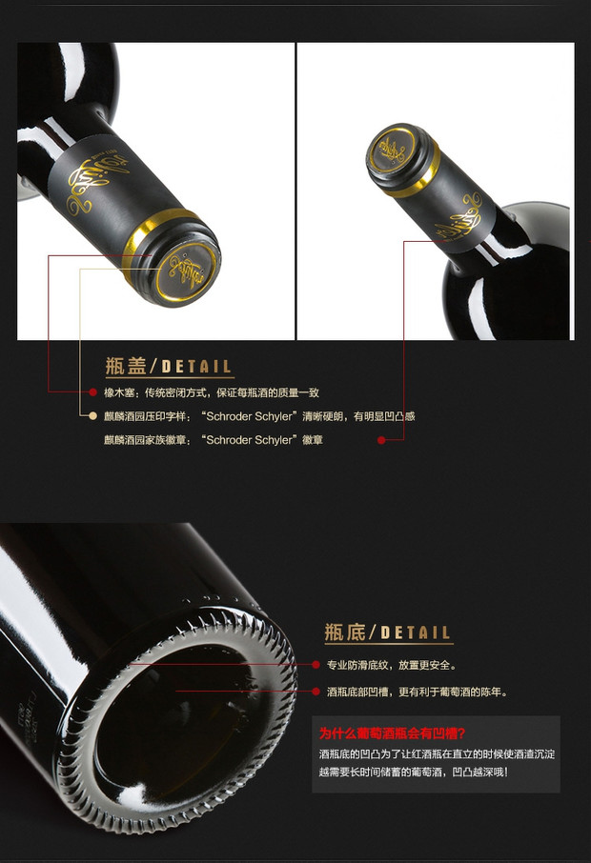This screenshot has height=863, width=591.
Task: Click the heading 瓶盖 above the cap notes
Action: (126, 366)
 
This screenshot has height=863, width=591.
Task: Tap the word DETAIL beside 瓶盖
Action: (196, 367)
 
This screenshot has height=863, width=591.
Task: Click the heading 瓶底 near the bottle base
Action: (345, 632)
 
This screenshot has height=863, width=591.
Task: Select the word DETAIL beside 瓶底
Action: (416, 632)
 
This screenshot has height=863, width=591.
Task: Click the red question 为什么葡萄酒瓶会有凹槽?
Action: (393, 733)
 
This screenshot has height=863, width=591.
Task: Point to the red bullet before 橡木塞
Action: (93, 392)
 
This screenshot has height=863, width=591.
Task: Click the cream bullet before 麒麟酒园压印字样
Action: (93, 416)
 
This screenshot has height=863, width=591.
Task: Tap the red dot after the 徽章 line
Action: (381, 440)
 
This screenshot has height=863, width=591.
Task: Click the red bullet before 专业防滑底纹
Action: (316, 665)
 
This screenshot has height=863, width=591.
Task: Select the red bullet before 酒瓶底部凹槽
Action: (316, 692)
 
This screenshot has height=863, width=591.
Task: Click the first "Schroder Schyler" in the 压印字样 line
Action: (250, 416)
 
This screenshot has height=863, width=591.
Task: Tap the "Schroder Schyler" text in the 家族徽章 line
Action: (250, 440)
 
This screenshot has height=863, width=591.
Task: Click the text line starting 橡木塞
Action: (212, 392)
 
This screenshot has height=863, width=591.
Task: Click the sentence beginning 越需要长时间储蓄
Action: (413, 773)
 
